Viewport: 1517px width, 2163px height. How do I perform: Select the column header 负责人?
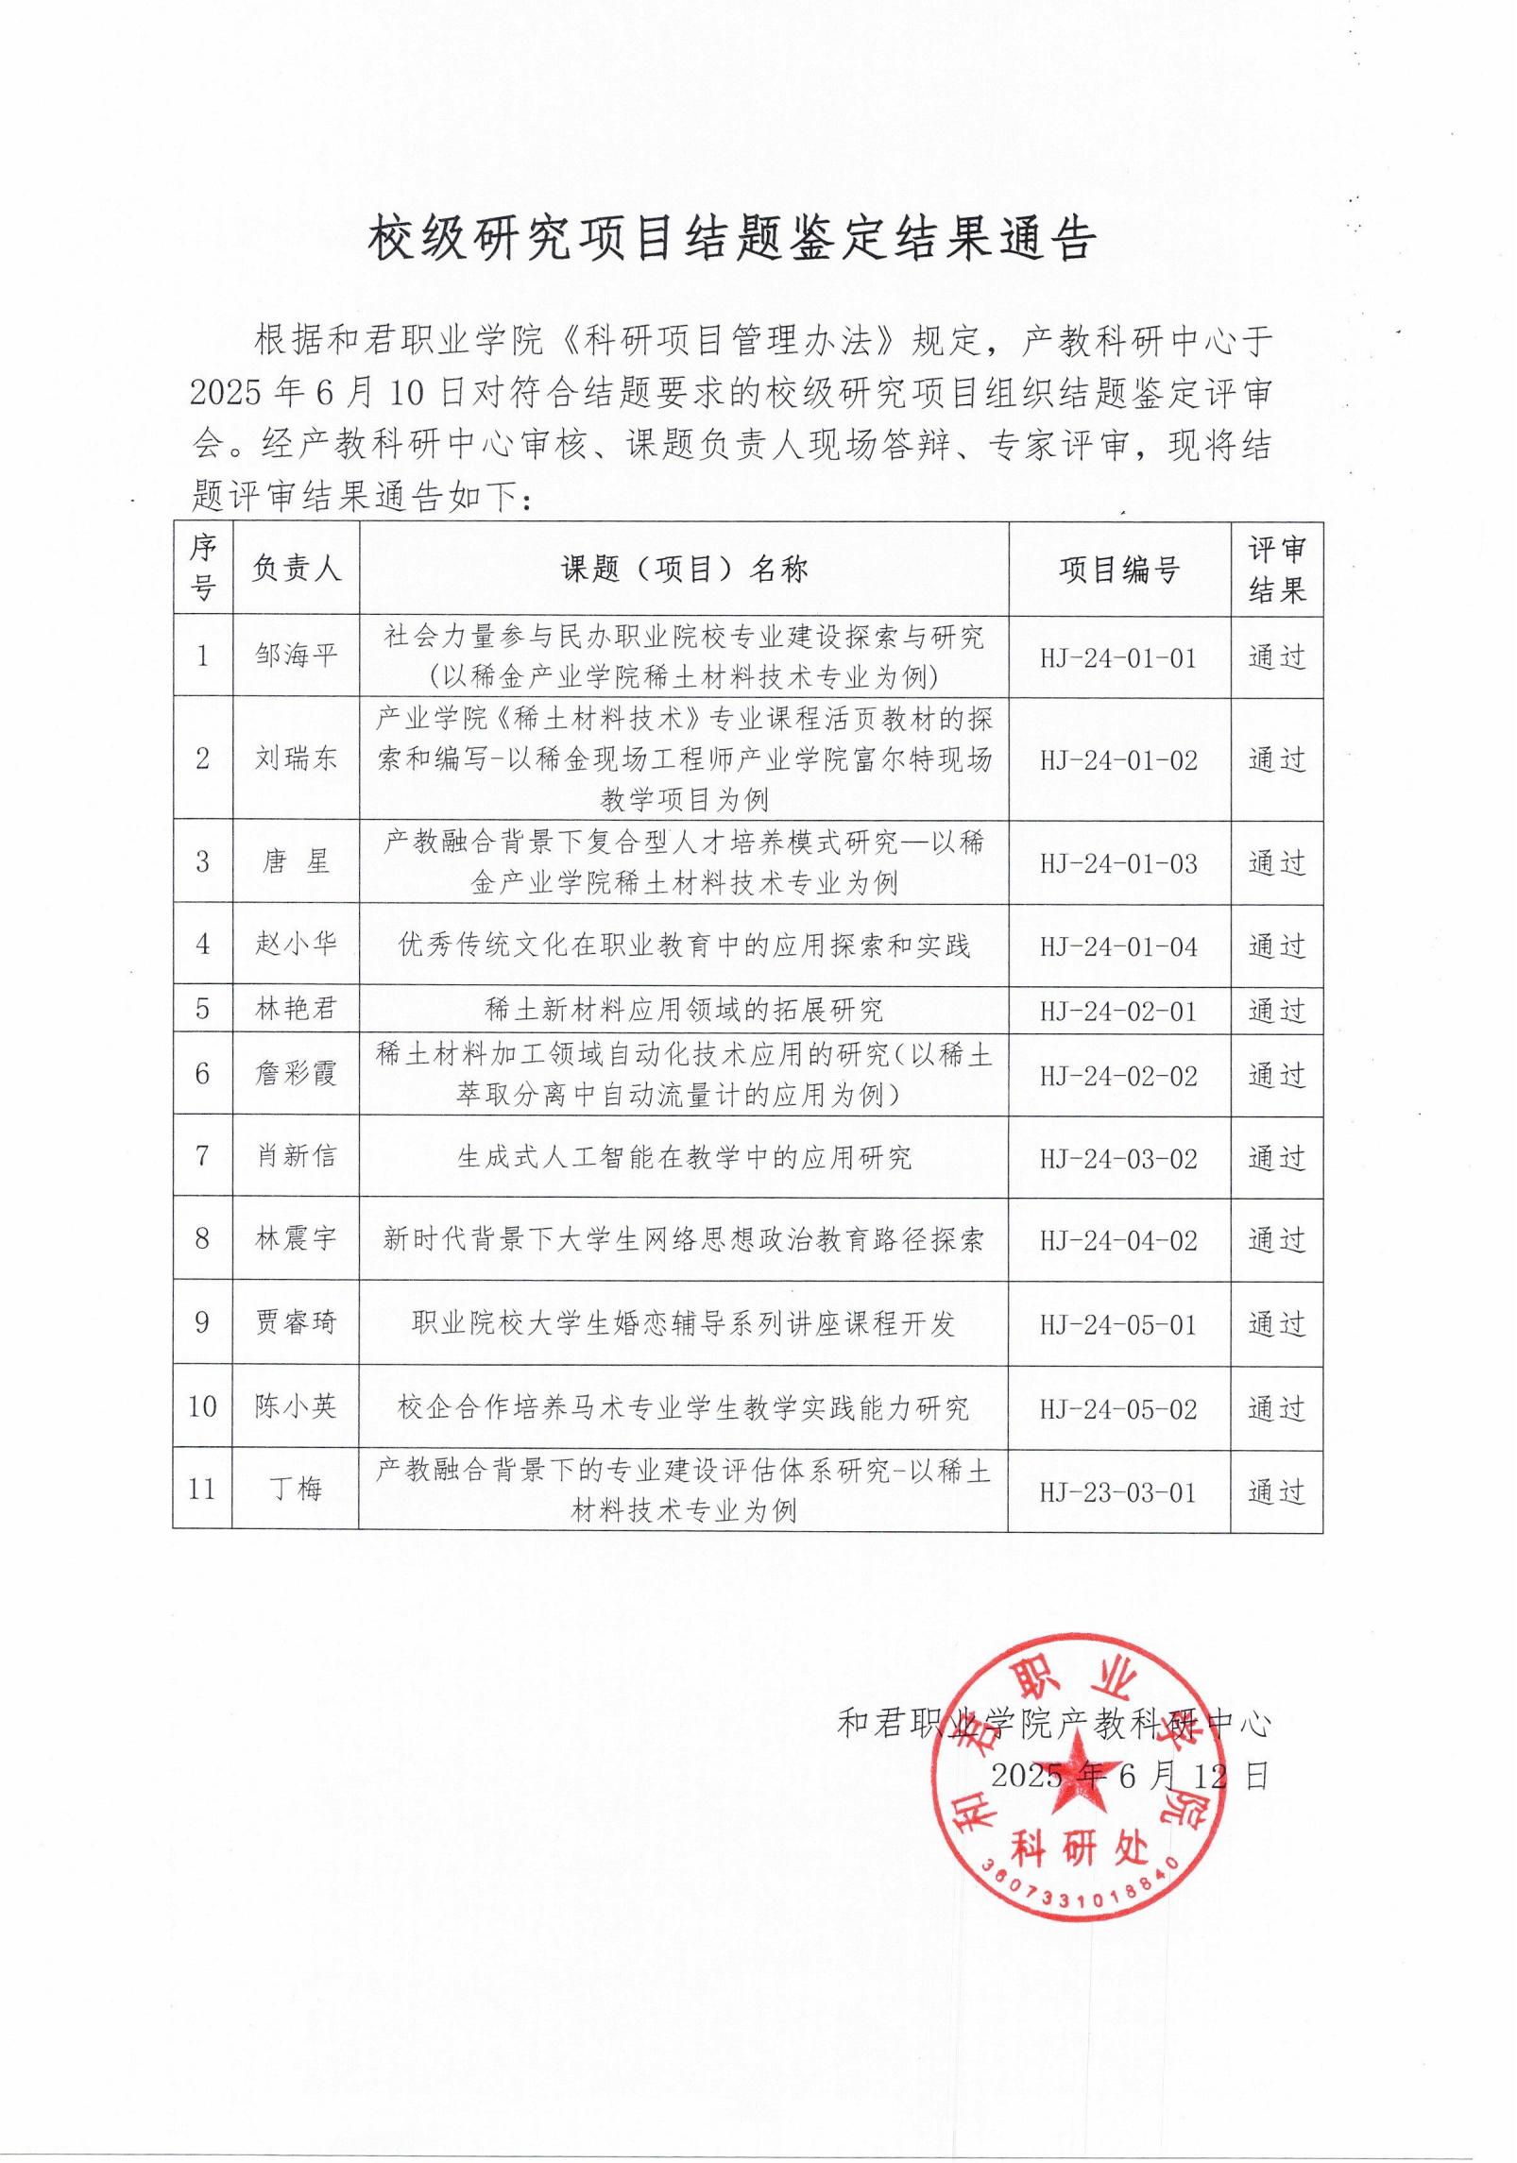coord(296,569)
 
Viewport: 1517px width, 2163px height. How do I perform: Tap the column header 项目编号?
coord(1119,570)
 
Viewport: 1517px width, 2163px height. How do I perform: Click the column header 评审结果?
coord(1276,570)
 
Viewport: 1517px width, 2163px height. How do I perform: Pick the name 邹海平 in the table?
coord(296,656)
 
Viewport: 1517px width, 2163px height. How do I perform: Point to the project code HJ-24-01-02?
coord(1119,760)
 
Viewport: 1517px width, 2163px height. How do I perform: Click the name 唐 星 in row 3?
coord(296,862)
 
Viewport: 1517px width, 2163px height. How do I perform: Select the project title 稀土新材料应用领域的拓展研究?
coord(684,1010)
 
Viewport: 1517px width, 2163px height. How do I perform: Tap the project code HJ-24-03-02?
coord(1119,1159)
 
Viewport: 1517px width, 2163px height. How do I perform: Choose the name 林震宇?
coord(296,1238)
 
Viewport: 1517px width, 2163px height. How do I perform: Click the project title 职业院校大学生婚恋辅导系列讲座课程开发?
coord(684,1323)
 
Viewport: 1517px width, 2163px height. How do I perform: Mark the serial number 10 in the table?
coord(202,1406)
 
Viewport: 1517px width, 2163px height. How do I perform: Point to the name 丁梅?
coord(296,1490)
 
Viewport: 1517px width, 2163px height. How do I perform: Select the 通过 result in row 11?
coord(1276,1491)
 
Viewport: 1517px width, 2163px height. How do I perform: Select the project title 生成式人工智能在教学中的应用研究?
coord(684,1158)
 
